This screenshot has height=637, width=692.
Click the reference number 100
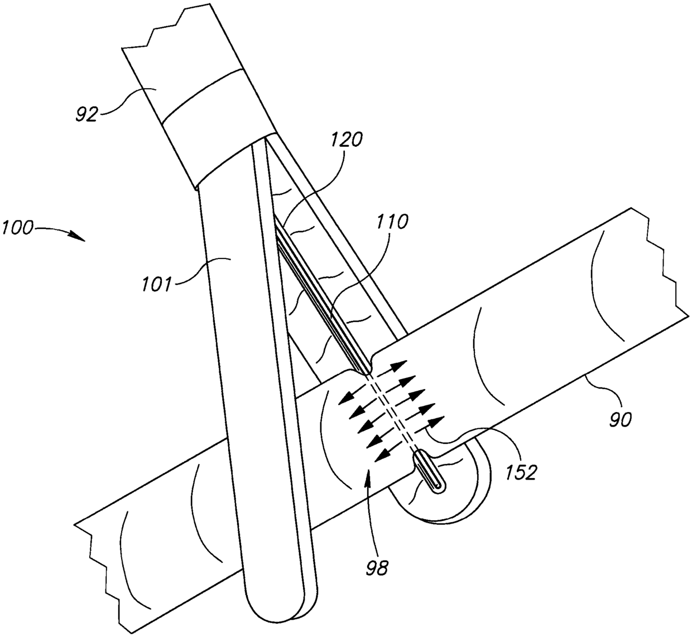(17, 227)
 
